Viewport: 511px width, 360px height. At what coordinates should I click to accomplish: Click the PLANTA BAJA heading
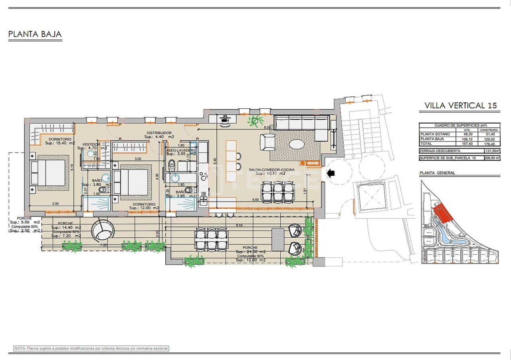(35, 34)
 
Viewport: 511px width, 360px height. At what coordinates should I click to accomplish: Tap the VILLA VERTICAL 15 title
(460, 105)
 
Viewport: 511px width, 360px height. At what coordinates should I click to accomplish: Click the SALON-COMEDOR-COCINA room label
(271, 170)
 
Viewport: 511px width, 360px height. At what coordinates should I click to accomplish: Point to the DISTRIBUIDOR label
(159, 133)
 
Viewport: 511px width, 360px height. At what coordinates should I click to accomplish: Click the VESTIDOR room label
(91, 144)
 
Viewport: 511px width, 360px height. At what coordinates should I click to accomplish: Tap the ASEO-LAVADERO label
(181, 151)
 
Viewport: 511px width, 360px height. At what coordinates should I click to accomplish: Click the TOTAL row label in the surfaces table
(426, 143)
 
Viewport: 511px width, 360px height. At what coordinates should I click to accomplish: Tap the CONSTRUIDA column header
(489, 130)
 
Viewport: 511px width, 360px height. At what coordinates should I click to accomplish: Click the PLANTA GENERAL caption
(437, 173)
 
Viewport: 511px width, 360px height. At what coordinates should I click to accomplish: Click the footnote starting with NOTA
(91, 348)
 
